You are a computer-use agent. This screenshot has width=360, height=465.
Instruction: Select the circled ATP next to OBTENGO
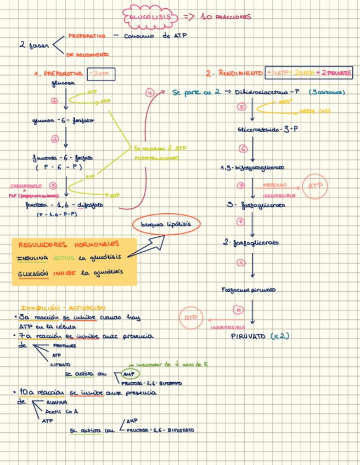coord(316,186)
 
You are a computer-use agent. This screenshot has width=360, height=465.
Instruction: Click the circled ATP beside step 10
coord(190,317)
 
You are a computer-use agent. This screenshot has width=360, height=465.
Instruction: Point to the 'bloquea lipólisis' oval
coord(166,225)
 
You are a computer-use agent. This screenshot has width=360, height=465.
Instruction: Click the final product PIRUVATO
coord(248,336)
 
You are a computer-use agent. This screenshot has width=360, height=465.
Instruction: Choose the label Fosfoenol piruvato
coord(248,290)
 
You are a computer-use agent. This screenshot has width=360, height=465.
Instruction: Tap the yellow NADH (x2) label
coord(315,111)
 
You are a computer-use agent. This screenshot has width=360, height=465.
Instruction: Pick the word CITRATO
coord(60,365)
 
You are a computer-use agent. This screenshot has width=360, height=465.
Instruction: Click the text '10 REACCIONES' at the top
coord(226,17)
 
